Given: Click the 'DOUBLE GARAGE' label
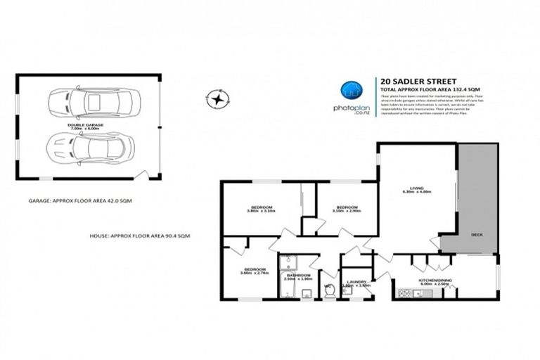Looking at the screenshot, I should point(86,124).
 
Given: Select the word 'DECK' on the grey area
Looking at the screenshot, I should point(477,234).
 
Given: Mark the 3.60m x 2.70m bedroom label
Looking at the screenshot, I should point(255,271).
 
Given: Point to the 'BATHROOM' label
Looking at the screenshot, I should point(297,276).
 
